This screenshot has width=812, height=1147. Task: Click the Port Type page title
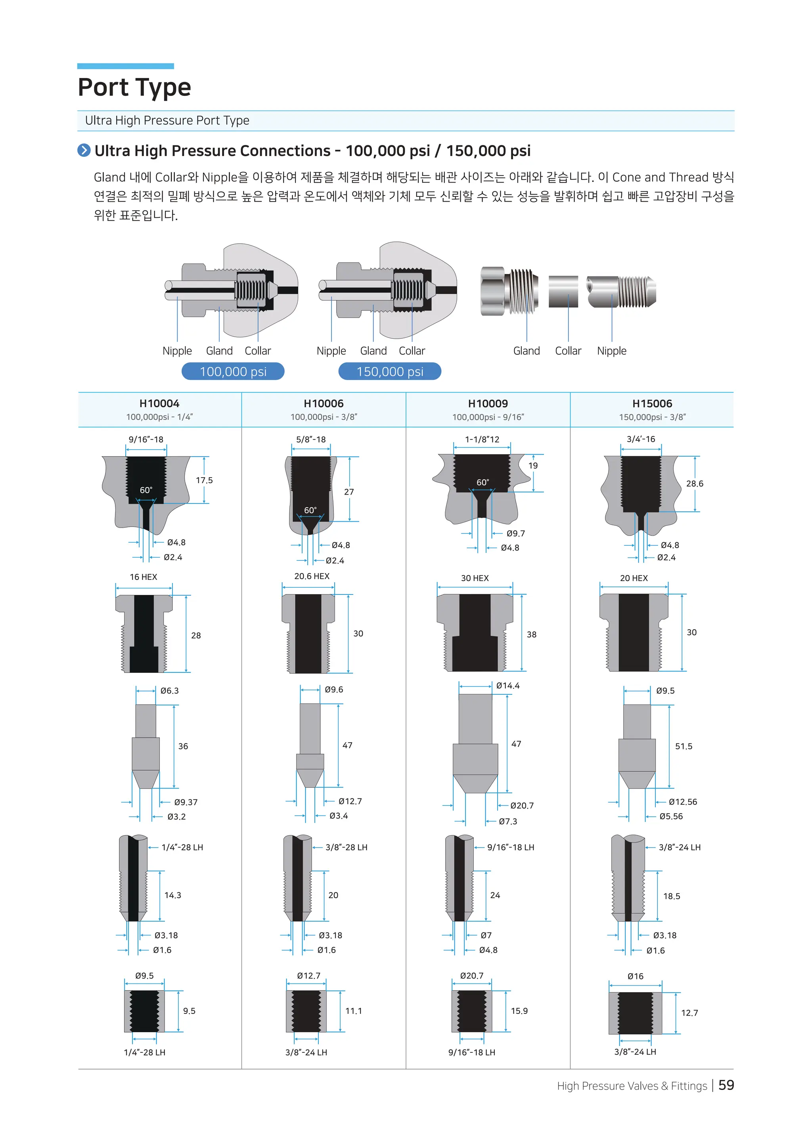point(134,88)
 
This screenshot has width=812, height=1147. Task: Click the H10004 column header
point(159,403)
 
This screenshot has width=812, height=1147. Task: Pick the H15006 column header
point(651,403)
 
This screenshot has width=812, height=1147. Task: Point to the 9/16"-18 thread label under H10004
point(146,439)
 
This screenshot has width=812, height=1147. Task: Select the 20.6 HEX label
point(312,576)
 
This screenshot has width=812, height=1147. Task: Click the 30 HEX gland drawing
point(475,632)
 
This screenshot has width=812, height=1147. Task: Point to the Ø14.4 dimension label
point(507,686)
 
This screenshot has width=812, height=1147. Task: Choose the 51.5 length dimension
point(683,746)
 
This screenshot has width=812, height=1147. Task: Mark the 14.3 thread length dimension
point(172,895)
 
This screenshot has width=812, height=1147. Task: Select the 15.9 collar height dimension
point(519,1011)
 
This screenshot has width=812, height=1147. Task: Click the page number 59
point(726,1085)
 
